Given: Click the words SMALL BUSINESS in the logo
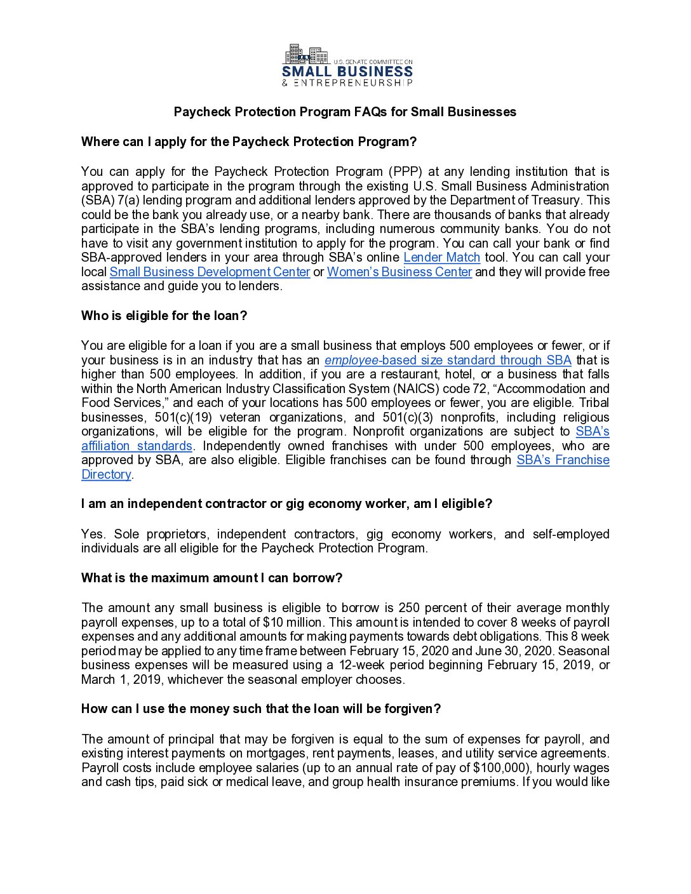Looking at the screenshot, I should pos(347,72).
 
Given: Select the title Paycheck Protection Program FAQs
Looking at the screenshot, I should pos(345,112).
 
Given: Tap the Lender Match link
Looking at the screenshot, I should pos(441,257).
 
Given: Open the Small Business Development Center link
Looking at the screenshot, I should pos(210,272).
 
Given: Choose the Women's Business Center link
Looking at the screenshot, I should pos(399,272).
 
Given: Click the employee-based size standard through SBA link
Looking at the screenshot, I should pos(448,360).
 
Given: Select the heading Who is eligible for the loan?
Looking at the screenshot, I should pos(164,316).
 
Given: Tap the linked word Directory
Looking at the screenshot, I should pos(106,474).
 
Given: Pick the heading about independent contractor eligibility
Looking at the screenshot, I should pos(286,504).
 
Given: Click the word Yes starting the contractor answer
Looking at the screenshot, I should pos(92,534).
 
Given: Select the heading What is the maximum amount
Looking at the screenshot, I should pos(211,578).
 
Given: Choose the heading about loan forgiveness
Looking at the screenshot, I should pos(260,709).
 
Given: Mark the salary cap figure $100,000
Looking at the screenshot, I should pos(501,768).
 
